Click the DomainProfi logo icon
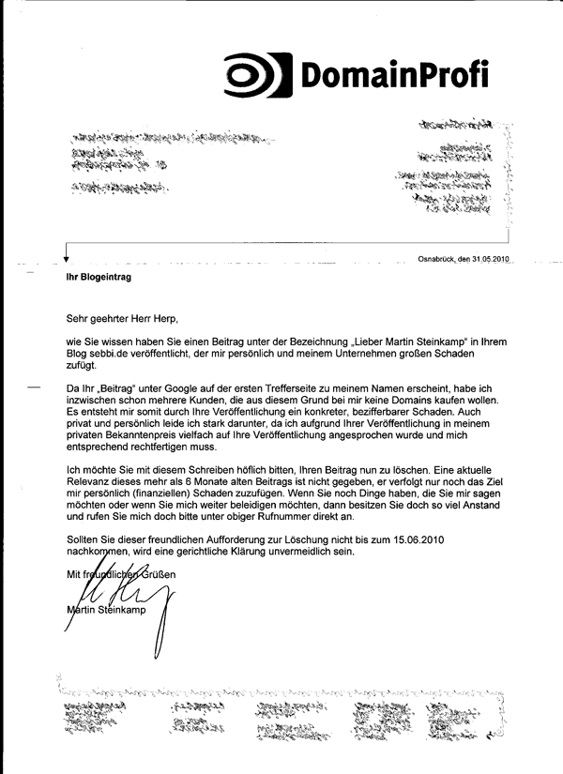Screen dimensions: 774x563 coord(257,75)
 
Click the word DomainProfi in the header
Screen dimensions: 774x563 coord(395,74)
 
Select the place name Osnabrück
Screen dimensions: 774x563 coord(437,259)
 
